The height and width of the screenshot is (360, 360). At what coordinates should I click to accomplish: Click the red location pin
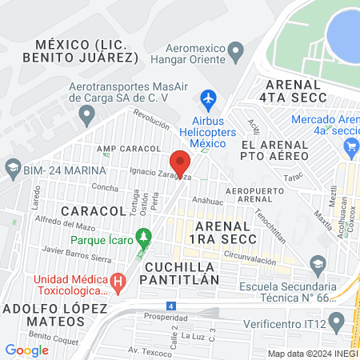181,163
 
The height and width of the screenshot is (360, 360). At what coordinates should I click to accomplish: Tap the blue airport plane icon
209,100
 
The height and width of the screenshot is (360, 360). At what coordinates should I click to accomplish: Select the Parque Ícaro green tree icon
144,237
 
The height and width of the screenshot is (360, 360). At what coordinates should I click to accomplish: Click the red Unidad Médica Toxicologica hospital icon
118,282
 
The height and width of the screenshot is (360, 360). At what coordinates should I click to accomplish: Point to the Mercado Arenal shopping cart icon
350,146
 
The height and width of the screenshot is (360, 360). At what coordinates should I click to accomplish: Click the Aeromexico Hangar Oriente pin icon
235,53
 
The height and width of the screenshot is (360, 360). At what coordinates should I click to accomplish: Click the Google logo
26,350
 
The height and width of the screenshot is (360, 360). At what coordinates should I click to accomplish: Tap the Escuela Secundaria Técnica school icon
318,265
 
